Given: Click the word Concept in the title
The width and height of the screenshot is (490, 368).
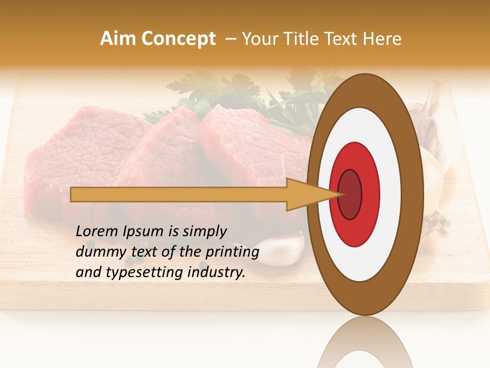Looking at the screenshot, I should point(179,39).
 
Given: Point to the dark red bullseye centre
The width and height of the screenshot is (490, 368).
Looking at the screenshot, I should point(350,194).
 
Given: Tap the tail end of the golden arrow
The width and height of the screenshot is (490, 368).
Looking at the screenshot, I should point(75,194).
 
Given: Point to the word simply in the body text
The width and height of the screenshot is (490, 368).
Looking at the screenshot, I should point(204,232).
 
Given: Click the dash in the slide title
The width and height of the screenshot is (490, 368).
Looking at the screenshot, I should point(230,39).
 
